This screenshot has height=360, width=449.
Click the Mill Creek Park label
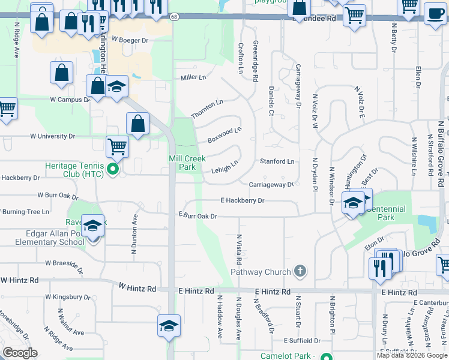pos(187,163)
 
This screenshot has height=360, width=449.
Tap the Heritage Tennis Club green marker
pos(112,170)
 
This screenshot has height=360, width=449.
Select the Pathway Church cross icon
pos(300,272)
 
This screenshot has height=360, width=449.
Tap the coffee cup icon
pos(435,13)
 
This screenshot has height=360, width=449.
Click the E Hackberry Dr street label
pos(243,201)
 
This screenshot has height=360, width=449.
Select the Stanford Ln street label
pos(277,161)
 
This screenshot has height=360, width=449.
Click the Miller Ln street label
pos(193,78)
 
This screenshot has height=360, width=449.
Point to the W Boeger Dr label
pos(125,40)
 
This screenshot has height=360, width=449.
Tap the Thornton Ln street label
pos(207,109)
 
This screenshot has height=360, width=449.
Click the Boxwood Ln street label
pos(224,134)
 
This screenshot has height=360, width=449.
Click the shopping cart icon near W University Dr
pos(117,145)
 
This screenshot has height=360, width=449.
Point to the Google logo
pos(19,353)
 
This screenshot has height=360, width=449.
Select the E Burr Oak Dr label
pos(197,215)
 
